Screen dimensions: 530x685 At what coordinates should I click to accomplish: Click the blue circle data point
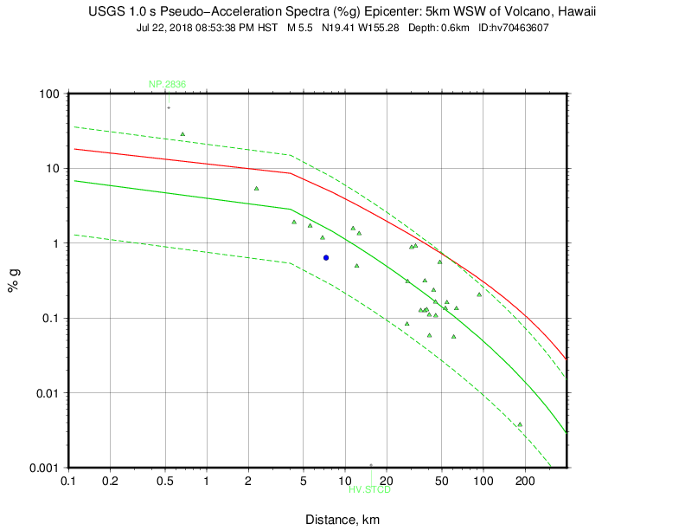(326, 257)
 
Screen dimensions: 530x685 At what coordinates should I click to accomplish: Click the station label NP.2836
(167, 84)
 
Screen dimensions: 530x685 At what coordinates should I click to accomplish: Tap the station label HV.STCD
(370, 490)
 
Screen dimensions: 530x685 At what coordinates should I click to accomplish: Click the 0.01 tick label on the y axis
(47, 393)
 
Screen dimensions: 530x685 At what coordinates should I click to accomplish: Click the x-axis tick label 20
(387, 481)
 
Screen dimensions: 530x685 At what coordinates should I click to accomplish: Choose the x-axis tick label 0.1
(69, 481)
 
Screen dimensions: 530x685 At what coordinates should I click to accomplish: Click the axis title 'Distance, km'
(342, 520)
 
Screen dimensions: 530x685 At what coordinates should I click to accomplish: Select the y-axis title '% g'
(15, 281)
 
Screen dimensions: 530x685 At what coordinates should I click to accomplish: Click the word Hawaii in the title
(576, 12)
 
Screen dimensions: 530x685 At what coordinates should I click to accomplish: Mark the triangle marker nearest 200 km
(520, 424)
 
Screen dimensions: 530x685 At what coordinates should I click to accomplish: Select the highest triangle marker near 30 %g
(182, 133)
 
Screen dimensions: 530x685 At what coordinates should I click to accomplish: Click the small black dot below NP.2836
(169, 107)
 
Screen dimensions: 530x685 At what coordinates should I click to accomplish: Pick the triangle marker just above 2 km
(257, 188)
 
